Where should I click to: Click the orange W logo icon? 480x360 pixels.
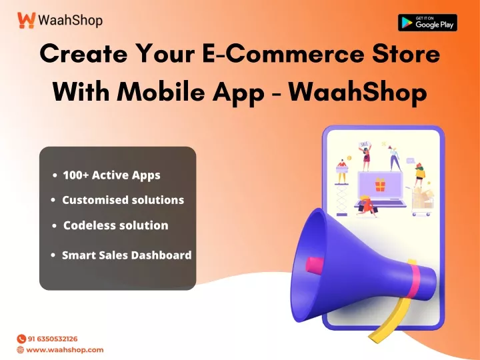26,20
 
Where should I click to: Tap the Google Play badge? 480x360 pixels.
427,23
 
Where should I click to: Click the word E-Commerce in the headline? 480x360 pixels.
283,54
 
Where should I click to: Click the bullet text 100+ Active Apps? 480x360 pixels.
111,175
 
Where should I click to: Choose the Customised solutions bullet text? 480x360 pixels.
123,200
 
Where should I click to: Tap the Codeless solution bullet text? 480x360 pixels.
116,225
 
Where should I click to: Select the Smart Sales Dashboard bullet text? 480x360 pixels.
127,255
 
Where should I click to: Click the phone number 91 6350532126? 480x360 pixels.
53,339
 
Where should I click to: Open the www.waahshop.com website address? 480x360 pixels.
65,349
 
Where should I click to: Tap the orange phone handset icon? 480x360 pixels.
21,339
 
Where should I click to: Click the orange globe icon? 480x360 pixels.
21,349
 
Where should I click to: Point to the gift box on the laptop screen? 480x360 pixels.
380,185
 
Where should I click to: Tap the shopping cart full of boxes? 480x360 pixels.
422,201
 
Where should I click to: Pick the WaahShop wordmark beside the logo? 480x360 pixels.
71,21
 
